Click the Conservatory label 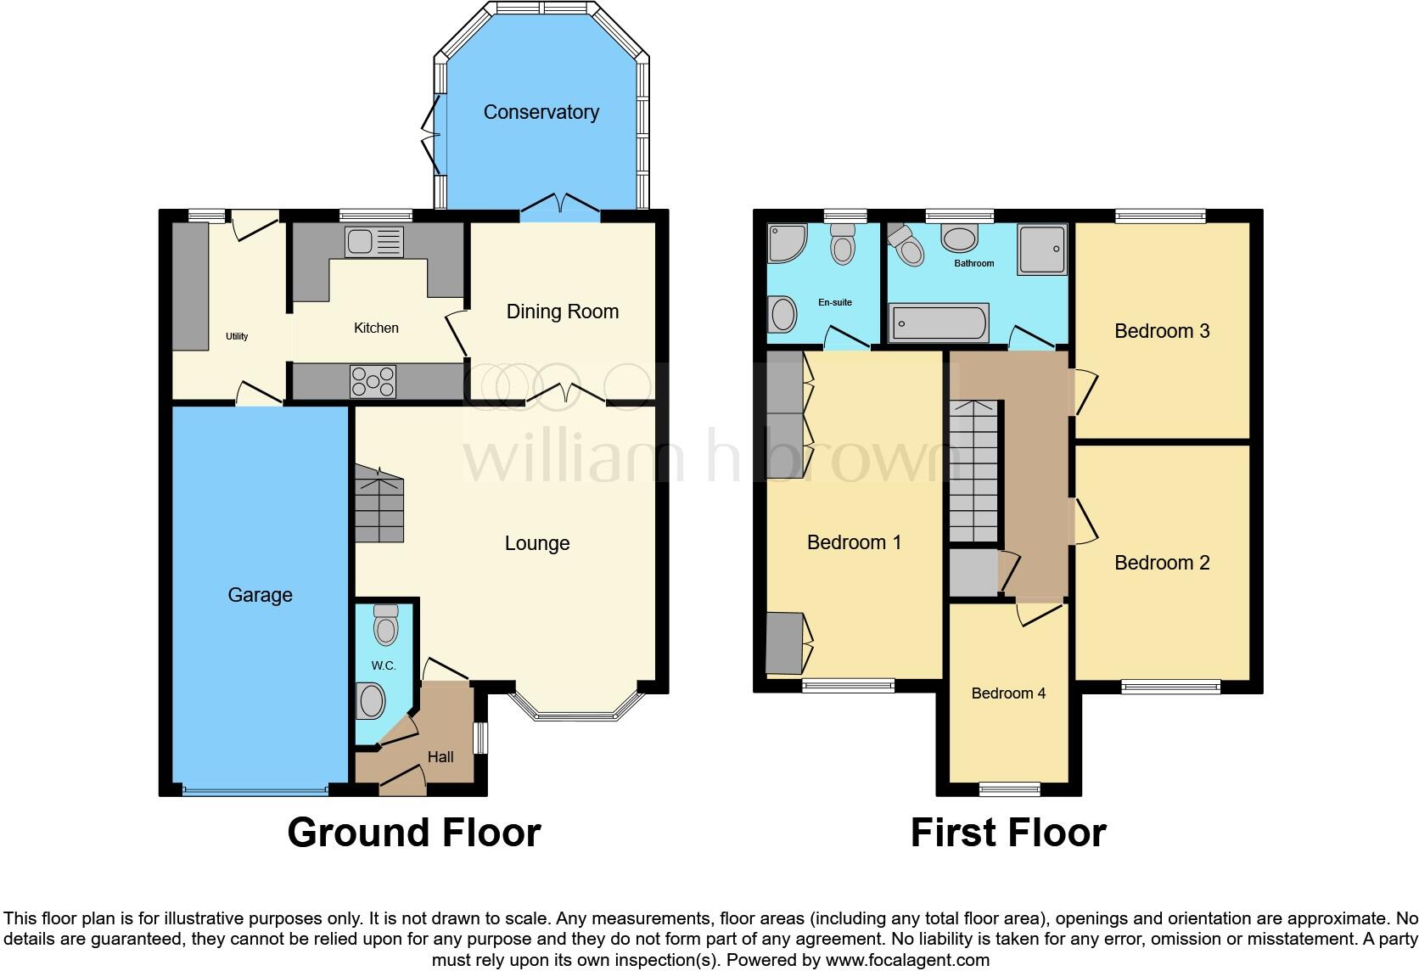click(541, 112)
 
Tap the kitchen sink click(373, 242)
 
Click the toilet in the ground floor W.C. click(385, 626)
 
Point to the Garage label click(260, 595)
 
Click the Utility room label click(237, 336)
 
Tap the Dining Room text click(562, 312)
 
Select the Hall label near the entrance click(440, 757)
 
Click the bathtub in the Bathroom click(938, 323)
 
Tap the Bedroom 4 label click(1008, 693)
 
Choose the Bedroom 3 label click(1161, 331)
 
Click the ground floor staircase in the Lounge click(379, 507)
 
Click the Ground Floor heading click(414, 833)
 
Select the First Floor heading click(1007, 833)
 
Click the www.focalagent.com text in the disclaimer click(906, 960)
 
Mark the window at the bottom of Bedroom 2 click(1170, 686)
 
